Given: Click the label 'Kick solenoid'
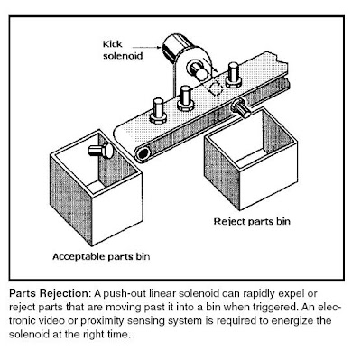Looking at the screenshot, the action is pos(123,50).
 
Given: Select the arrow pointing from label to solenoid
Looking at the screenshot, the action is pos(147,47).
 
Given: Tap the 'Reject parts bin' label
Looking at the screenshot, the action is pos(252,222).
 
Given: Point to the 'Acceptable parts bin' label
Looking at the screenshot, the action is pos(101,256).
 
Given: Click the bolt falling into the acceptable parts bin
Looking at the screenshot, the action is pos(101,150).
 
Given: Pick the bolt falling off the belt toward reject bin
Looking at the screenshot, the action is pos(241,108).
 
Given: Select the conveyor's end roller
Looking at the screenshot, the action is pos(143,154).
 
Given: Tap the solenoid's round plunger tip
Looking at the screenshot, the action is pos(199,72).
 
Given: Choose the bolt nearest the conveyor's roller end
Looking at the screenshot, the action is pos(158,111).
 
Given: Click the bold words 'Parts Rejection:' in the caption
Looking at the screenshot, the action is pos(50,293).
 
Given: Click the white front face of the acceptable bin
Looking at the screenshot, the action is pos(116,208).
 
